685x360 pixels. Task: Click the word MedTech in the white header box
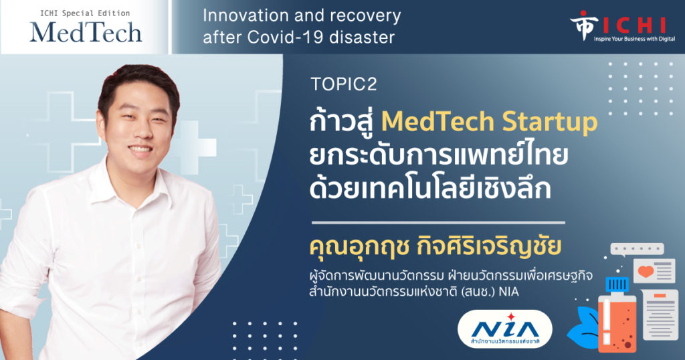[86, 32]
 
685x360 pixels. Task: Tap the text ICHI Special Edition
[85, 13]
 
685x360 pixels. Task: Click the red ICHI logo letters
[634, 25]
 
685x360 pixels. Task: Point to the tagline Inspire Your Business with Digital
[634, 39]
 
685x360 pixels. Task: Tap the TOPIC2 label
[343, 84]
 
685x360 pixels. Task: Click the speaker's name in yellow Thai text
[435, 246]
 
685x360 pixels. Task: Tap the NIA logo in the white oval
[504, 329]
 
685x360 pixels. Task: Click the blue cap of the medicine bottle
[617, 284]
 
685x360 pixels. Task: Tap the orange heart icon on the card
[646, 271]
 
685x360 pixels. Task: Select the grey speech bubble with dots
[637, 250]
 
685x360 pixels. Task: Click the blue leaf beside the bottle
[584, 328]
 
